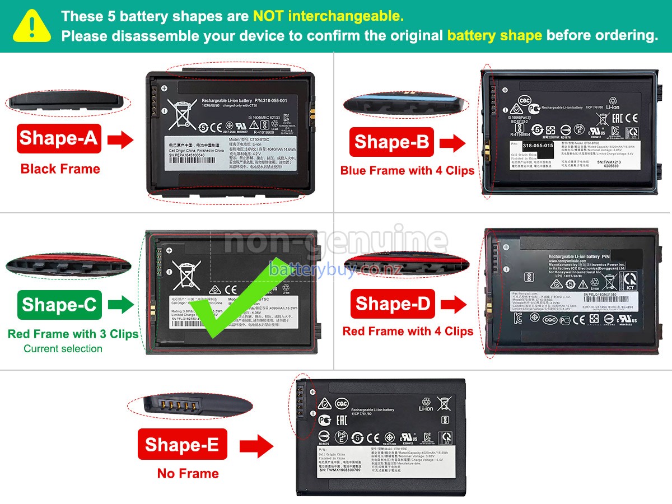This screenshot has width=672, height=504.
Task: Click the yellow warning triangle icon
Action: point(31,25)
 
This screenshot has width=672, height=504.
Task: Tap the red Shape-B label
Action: point(391,142)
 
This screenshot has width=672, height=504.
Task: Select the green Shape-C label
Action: point(59,305)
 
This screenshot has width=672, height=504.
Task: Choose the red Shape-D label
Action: point(392,304)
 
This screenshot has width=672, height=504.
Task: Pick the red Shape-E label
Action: point(182,445)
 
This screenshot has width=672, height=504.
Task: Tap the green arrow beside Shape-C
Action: point(121,305)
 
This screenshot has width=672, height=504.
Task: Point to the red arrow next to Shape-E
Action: point(256,446)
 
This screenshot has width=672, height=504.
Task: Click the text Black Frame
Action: point(60,169)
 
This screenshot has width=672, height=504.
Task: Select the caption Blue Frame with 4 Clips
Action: point(407,171)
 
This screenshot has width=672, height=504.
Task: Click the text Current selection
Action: point(63,349)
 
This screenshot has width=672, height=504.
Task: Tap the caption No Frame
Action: point(188,474)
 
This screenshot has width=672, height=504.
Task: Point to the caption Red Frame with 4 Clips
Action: point(408,332)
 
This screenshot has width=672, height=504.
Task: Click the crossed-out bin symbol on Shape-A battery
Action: point(182,114)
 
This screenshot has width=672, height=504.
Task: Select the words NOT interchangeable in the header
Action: point(328,16)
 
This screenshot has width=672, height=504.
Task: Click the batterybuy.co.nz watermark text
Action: point(335,270)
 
